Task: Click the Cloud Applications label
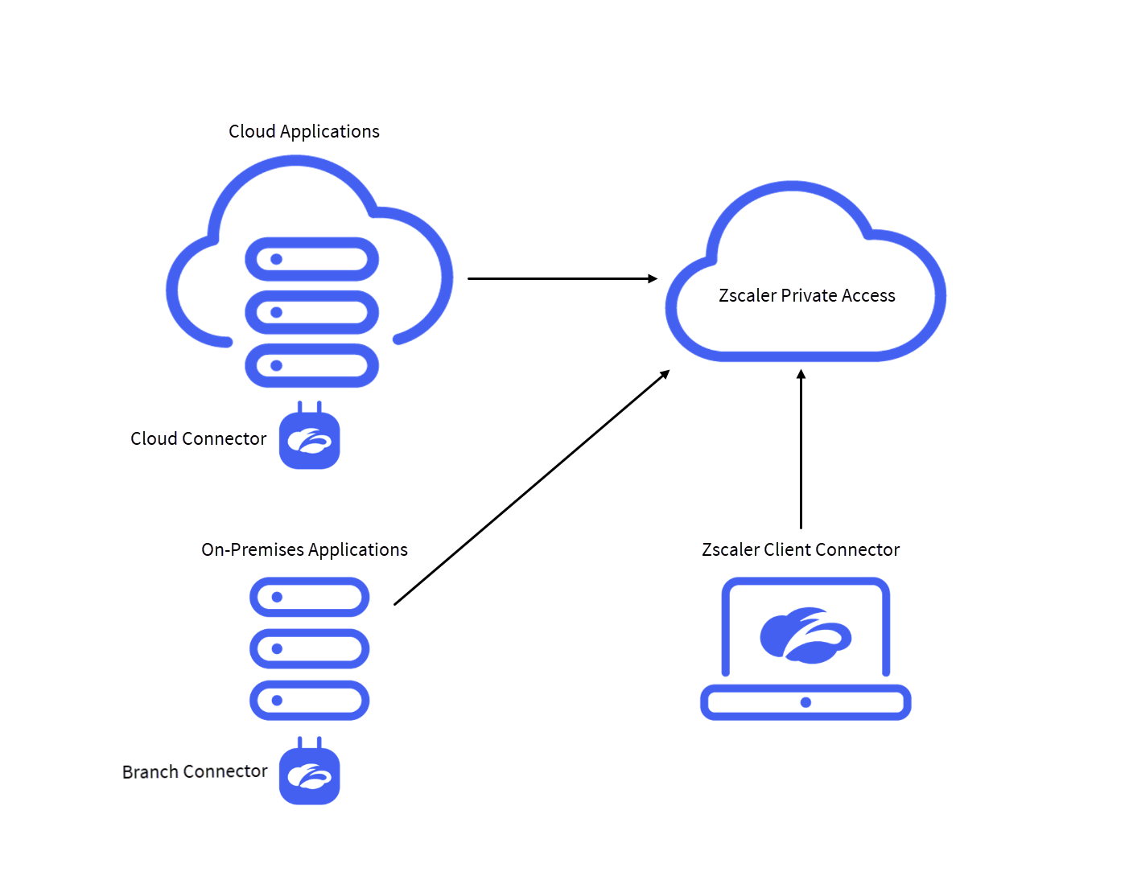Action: pyautogui.click(x=303, y=131)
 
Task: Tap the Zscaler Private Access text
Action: pyautogui.click(x=806, y=295)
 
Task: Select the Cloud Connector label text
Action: pyautogui.click(x=198, y=438)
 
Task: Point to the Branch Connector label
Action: pyautogui.click(x=195, y=771)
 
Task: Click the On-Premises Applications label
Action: pyautogui.click(x=304, y=549)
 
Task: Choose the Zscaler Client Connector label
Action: pyautogui.click(x=800, y=549)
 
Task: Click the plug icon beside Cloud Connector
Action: pyautogui.click(x=309, y=438)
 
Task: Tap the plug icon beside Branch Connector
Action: pyautogui.click(x=309, y=774)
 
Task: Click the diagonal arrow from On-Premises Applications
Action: pyautogui.click(x=531, y=487)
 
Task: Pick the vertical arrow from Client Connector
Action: pyautogui.click(x=801, y=450)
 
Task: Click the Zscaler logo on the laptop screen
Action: pyautogui.click(x=805, y=635)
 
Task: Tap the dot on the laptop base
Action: pyautogui.click(x=805, y=702)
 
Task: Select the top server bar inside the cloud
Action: pyautogui.click(x=311, y=259)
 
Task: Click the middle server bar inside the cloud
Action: pyautogui.click(x=311, y=312)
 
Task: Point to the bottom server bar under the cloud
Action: pyautogui.click(x=311, y=365)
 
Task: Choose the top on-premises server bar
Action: pyautogui.click(x=309, y=597)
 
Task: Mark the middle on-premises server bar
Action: pyautogui.click(x=309, y=648)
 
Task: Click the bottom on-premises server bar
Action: pyautogui.click(x=309, y=700)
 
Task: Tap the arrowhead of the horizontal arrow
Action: pyautogui.click(x=653, y=278)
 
